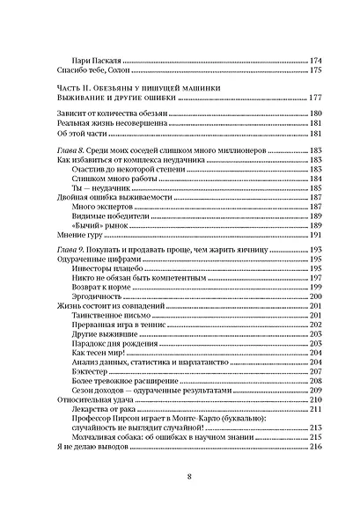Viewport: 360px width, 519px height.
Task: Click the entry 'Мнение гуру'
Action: pyautogui.click(x=68, y=237)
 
